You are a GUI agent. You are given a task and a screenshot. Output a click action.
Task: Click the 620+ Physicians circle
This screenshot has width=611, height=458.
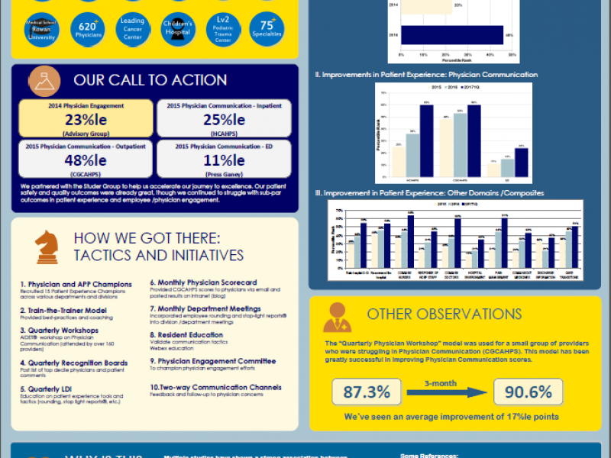[88, 30]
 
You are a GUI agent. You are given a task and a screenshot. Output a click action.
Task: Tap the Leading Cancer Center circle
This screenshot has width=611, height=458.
[132, 30]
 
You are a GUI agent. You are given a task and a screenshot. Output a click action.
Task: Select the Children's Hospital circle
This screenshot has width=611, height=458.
[177, 30]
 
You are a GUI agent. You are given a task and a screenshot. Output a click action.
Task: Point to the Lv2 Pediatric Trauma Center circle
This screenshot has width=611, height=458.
[222, 30]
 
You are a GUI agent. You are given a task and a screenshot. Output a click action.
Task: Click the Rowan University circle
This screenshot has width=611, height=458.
[42, 30]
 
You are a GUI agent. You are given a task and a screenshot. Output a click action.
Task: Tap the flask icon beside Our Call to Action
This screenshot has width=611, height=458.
[44, 80]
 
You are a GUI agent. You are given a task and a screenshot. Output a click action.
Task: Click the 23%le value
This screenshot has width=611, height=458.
[86, 120]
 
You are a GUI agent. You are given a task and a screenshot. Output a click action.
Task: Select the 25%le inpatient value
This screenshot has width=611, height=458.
[224, 120]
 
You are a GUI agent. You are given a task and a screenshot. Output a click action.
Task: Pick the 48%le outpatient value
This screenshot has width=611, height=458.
[86, 160]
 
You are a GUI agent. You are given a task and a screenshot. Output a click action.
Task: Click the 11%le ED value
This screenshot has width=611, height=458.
[224, 160]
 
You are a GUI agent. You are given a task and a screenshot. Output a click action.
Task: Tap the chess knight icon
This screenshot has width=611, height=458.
[46, 246]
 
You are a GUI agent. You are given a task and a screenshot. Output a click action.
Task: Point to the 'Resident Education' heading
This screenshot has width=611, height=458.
[186, 334]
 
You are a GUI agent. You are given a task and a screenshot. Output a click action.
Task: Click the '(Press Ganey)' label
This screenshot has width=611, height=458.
[224, 174]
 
